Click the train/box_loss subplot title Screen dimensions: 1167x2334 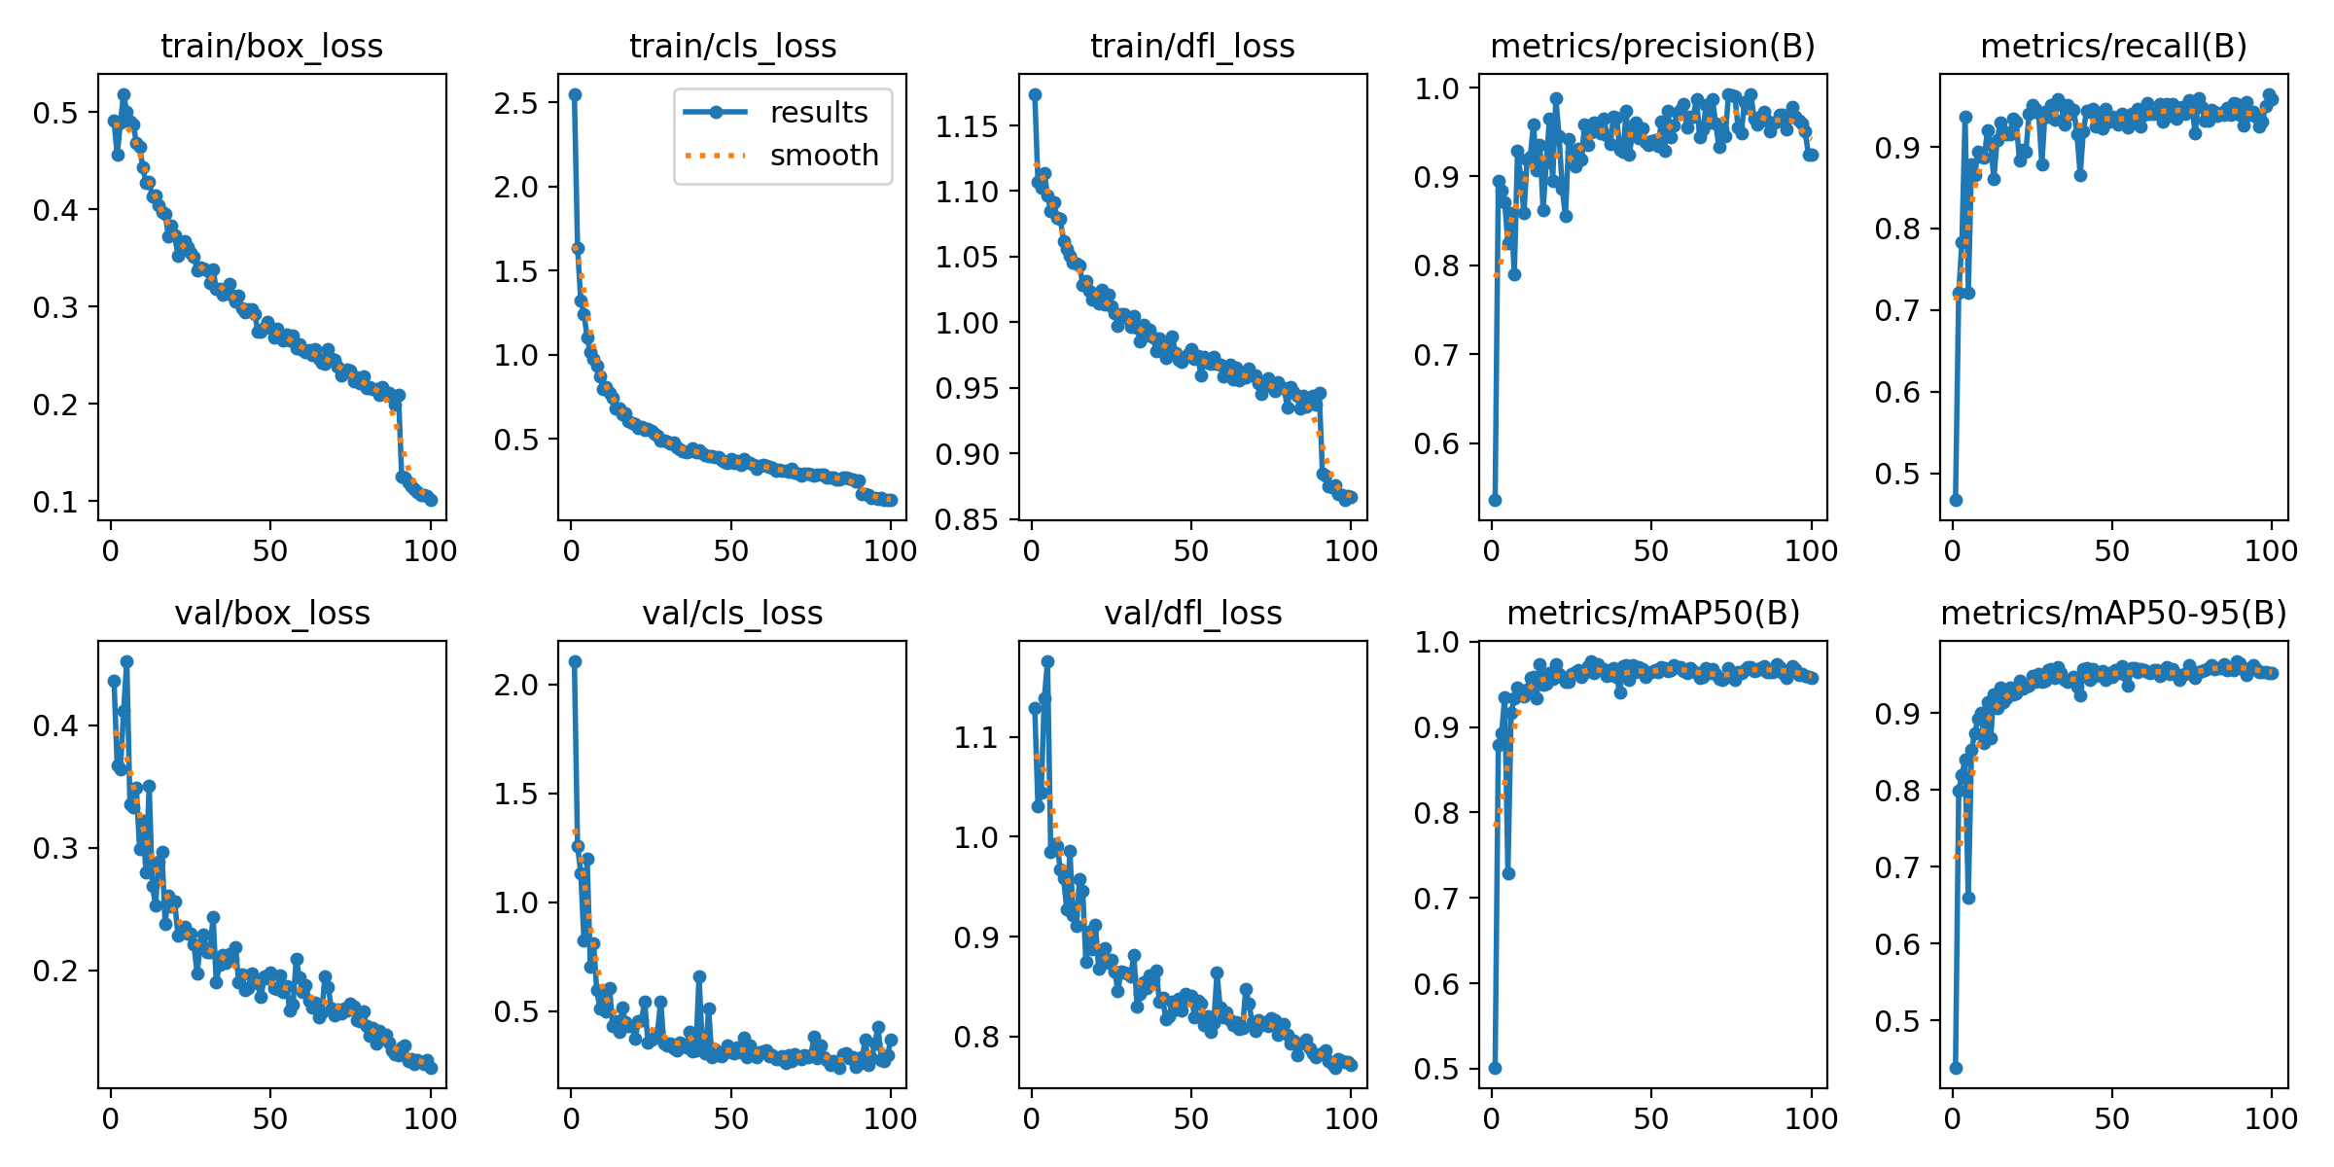pos(271,46)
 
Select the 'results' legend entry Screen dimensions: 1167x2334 pos(818,113)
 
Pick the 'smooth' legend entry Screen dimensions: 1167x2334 pos(824,156)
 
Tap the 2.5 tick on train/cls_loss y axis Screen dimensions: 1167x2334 pos(516,103)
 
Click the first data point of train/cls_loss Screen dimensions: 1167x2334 pos(575,94)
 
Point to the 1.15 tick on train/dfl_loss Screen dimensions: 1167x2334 pos(967,126)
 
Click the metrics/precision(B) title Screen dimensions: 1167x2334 pos(1652,46)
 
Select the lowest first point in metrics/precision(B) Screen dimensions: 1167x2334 pos(1496,500)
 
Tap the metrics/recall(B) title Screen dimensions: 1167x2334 pos(2113,46)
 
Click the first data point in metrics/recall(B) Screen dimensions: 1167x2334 pos(1956,500)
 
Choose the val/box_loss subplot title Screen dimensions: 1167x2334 pos(271,614)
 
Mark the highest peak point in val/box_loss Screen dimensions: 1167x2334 pos(126,661)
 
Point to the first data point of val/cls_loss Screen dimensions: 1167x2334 pos(575,661)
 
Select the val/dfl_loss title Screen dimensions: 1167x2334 pos(1192,614)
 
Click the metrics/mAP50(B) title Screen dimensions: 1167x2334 pos(1652,614)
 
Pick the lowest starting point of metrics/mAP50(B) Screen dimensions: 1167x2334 pos(1496,1068)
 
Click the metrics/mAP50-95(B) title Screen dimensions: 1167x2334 pos(2113,614)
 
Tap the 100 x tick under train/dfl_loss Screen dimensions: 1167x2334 pos(1351,551)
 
